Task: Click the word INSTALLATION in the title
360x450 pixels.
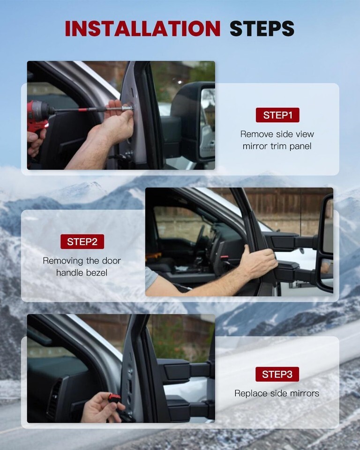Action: (142, 29)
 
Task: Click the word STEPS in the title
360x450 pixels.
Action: (262, 29)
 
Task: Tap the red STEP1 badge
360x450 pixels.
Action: (277, 115)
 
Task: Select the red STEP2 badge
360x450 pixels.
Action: (82, 242)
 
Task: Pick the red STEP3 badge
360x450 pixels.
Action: (277, 374)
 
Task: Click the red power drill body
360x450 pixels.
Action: (39, 115)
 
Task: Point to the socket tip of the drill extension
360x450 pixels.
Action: (128, 108)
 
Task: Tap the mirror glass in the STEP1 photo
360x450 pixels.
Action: (207, 123)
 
